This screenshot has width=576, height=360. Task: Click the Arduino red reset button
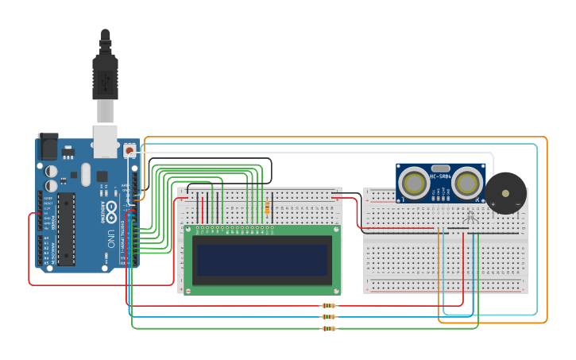[130, 149]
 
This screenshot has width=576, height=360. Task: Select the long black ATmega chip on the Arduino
[66, 228]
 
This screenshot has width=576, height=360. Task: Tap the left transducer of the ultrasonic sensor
[414, 184]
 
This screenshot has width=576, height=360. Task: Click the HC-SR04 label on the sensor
[440, 175]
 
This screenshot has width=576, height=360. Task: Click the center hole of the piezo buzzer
[505, 193]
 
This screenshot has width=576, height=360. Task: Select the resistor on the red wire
[328, 305]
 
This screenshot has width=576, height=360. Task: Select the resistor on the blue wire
[328, 316]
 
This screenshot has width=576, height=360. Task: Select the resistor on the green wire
[328, 327]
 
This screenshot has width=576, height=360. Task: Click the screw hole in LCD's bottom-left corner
[188, 291]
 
